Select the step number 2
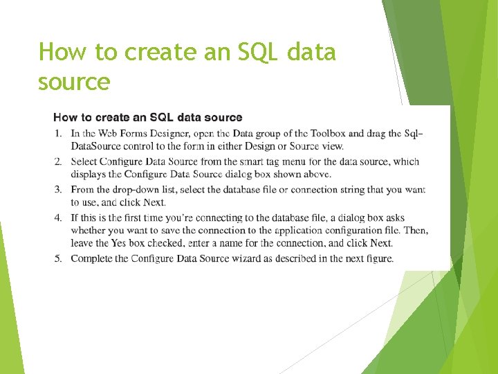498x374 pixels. (57, 161)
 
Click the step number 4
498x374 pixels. (57, 217)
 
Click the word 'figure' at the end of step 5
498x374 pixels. (377, 258)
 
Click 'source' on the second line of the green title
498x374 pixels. (74, 82)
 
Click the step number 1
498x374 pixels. (57, 133)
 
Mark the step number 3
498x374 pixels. (57, 189)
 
